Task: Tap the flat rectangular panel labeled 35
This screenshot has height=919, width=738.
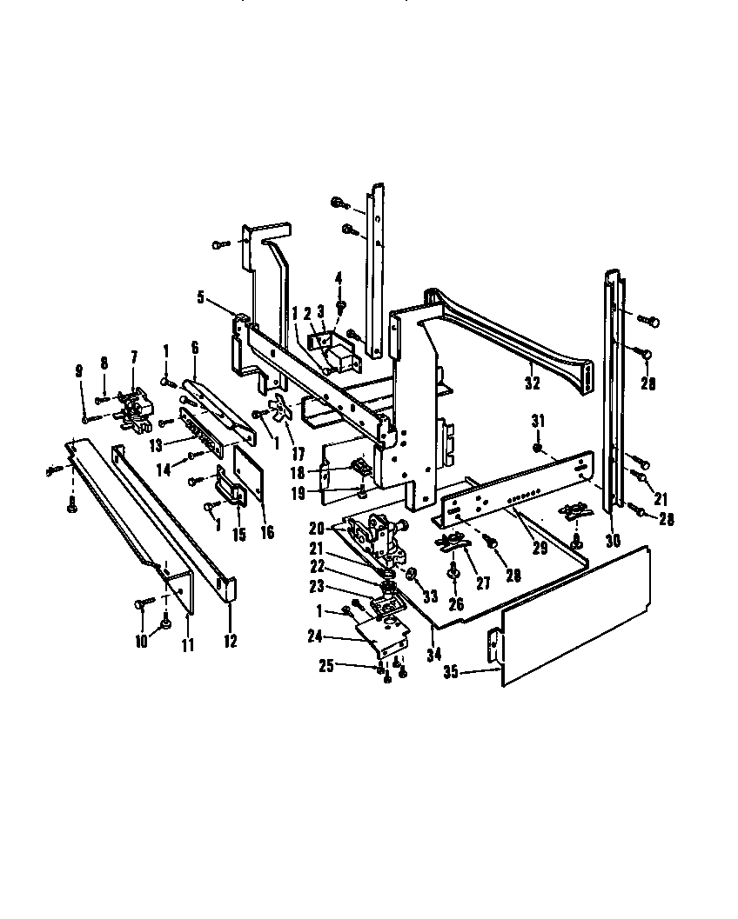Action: point(574,609)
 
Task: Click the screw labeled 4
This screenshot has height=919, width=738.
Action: point(341,306)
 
